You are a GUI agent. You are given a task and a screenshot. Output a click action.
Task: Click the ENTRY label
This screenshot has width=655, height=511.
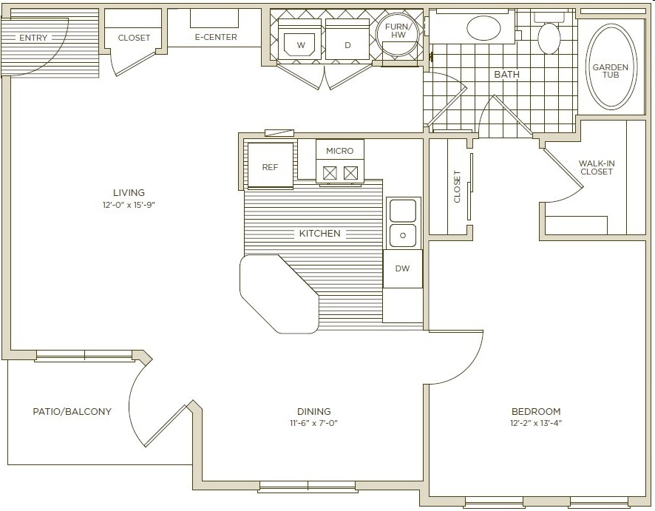(x=33, y=38)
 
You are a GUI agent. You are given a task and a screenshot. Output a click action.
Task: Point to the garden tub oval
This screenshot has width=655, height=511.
(x=610, y=67)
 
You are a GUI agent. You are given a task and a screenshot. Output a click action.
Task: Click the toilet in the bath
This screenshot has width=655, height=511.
(x=549, y=37)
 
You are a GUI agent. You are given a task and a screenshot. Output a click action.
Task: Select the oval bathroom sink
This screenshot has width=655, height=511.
(x=483, y=28)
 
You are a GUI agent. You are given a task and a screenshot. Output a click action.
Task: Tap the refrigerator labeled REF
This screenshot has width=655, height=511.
(x=270, y=167)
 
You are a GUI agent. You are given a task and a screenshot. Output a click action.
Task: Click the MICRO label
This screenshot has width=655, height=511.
(x=340, y=151)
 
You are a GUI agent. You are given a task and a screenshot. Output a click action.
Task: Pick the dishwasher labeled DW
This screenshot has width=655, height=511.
(x=402, y=268)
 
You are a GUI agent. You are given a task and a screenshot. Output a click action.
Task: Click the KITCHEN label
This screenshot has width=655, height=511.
(x=319, y=234)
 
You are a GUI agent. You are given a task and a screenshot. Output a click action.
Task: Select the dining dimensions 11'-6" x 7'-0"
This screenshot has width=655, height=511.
(x=314, y=424)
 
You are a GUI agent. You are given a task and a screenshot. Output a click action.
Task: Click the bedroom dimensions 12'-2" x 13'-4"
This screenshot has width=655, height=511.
(x=536, y=424)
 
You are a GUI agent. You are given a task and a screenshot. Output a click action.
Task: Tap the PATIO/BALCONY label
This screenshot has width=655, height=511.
(x=72, y=411)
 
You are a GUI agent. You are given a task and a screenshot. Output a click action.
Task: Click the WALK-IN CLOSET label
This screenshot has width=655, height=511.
(x=597, y=167)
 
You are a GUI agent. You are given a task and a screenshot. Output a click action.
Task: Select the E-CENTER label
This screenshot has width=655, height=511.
(x=215, y=37)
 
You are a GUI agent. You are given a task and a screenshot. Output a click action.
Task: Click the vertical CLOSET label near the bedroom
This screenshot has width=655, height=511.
(x=457, y=186)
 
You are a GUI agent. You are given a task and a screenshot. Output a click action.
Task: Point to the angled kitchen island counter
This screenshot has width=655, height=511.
(x=277, y=292)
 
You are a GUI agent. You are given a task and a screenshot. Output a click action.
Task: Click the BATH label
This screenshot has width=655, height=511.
(x=507, y=75)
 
